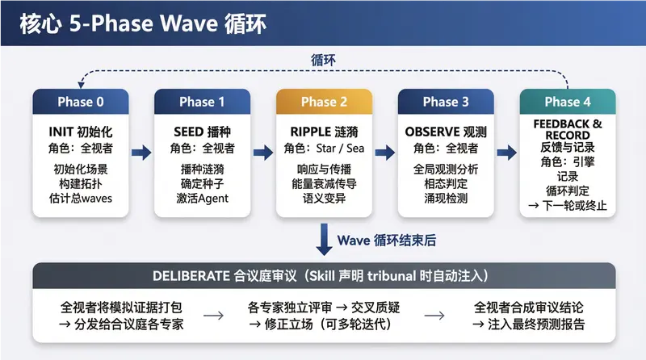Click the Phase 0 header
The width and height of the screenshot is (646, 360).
pos(80,102)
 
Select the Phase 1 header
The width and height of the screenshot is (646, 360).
pos(202,102)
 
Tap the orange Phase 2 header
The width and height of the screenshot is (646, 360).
pos(324,102)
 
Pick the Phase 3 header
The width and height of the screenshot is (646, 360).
pos(446,102)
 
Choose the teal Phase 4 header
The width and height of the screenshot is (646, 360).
pos(568,102)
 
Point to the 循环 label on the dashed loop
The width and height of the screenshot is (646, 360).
pos(324,61)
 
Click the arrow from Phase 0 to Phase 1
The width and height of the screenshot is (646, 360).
pos(141,151)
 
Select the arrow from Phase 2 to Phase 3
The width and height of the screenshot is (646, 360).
pos(385,151)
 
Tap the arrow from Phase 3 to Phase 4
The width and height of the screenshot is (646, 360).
pos(507,151)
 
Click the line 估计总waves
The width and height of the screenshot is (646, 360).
pos(80,199)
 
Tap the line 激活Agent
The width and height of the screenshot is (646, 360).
pos(202,199)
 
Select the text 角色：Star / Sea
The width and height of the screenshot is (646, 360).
pos(324,149)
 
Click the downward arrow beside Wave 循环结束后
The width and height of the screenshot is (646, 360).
pos(324,240)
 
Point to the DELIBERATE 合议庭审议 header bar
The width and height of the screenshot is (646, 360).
pos(324,275)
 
